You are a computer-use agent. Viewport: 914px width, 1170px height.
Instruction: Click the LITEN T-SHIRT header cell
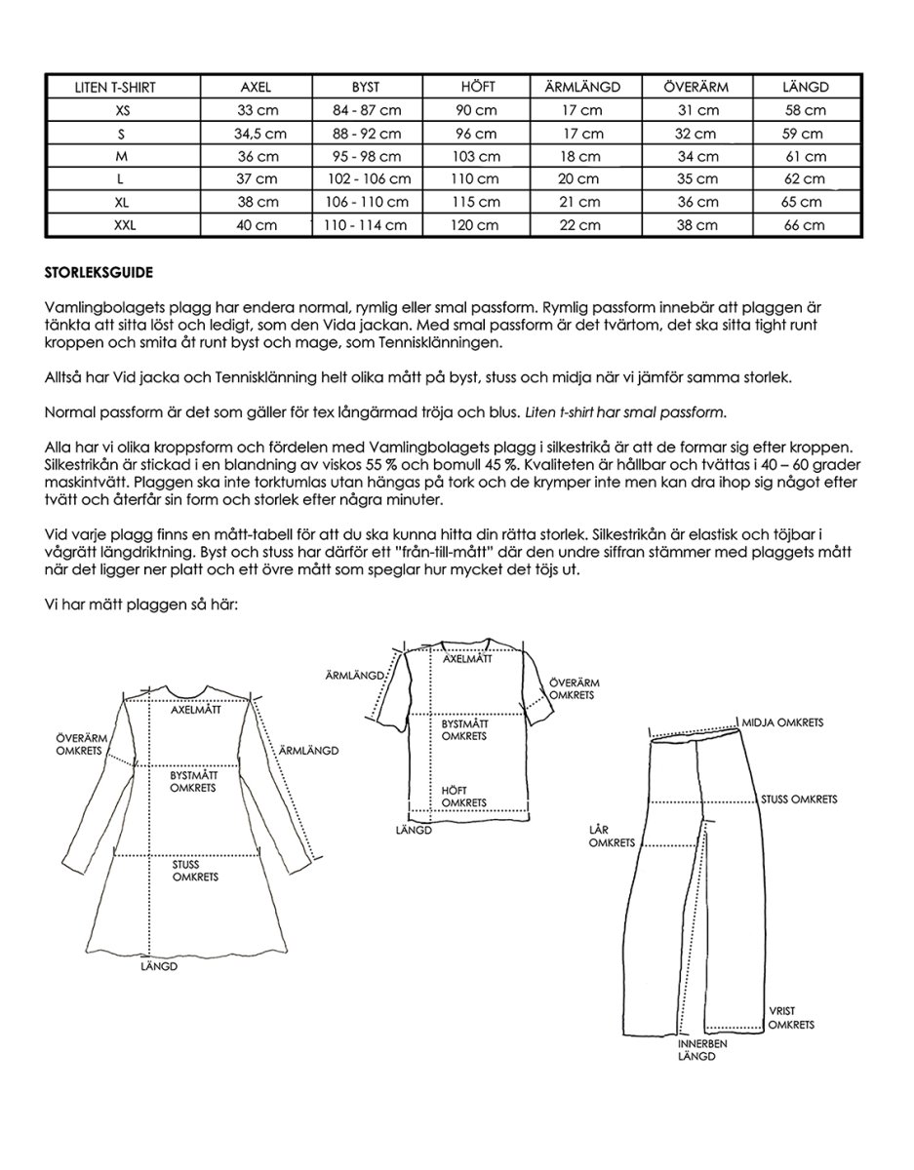tap(115, 87)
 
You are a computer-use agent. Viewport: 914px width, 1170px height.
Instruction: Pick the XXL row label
tap(121, 225)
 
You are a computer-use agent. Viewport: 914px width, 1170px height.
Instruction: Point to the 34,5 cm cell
tap(260, 134)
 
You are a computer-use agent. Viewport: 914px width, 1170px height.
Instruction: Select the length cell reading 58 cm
tap(805, 110)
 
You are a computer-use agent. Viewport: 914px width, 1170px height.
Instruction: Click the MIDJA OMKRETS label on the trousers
tap(782, 722)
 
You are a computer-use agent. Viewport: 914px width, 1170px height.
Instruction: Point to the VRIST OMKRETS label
tap(790, 1018)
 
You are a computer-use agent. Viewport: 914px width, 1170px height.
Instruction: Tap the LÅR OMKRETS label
tap(613, 836)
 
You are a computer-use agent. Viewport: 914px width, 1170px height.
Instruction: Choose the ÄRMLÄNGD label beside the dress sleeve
tap(307, 750)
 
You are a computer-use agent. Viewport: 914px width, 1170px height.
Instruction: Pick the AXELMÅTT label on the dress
tap(196, 710)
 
